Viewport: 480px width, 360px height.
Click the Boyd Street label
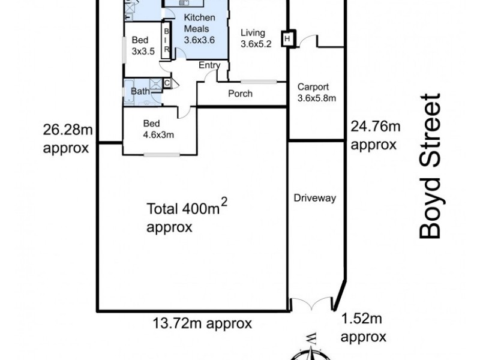431,166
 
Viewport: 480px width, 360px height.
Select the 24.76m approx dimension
375,135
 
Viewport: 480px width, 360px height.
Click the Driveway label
314,198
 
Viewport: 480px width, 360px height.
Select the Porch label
240,94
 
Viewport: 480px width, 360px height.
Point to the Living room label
256,38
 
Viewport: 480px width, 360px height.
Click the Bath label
140,92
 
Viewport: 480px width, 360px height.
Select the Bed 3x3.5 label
143,46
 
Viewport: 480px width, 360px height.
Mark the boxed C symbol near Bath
167,83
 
